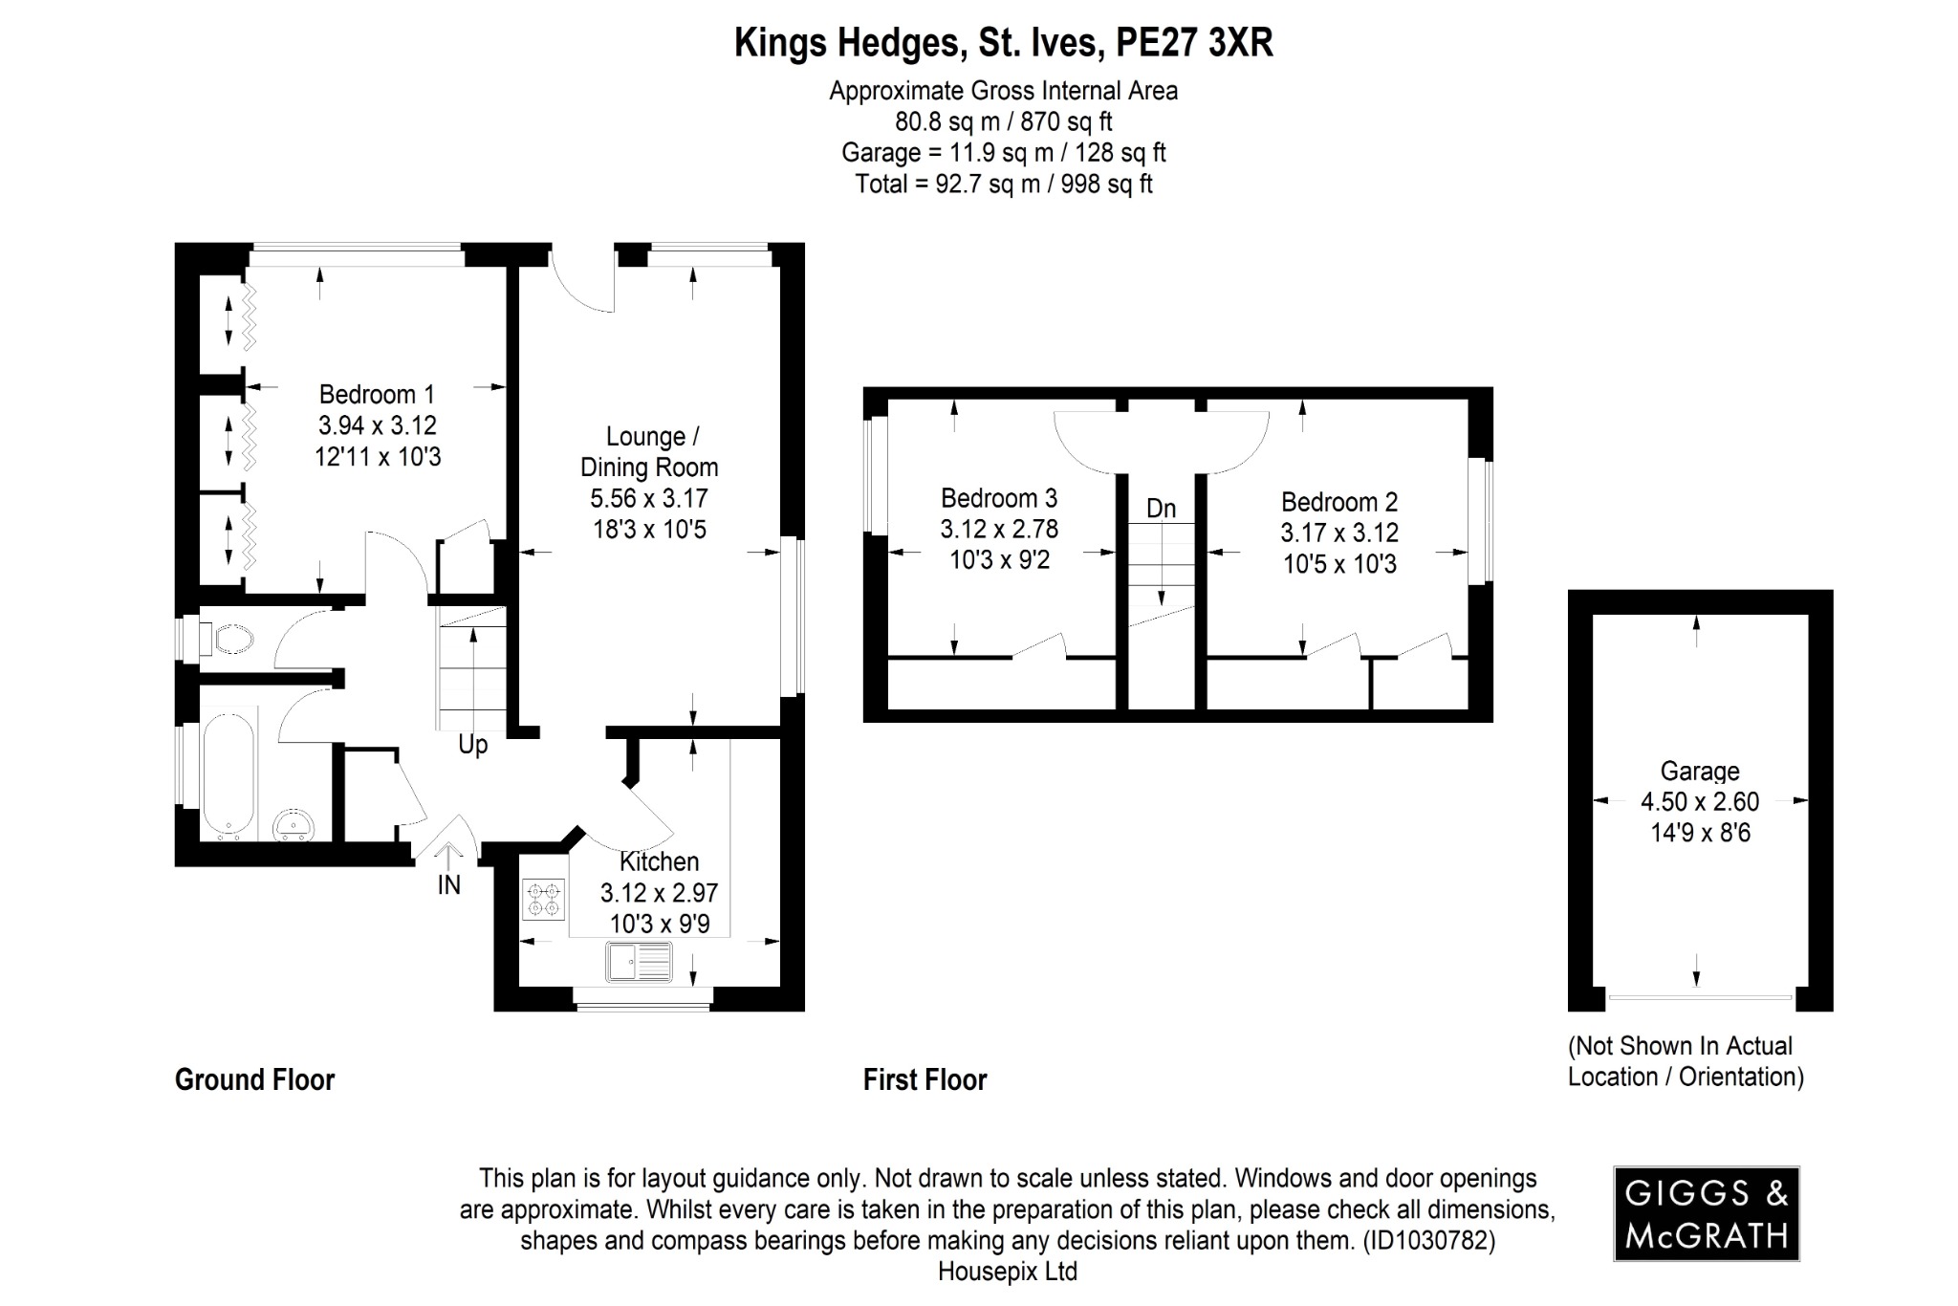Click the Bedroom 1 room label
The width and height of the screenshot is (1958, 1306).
[377, 394]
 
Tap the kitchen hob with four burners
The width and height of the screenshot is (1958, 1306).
[544, 899]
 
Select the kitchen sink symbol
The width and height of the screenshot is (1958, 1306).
[640, 962]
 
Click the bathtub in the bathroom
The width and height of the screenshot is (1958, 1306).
[228, 773]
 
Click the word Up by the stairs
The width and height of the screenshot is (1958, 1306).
[472, 745]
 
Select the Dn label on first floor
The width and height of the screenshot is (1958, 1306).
[1161, 509]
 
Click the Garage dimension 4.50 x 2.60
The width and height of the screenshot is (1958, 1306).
[1700, 801]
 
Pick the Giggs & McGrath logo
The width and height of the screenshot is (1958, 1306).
[1707, 1213]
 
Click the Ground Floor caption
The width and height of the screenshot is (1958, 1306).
[254, 1080]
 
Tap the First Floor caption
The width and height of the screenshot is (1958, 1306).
[925, 1080]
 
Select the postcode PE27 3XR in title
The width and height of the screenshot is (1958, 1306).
[1195, 43]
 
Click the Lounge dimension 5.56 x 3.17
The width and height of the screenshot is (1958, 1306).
[649, 498]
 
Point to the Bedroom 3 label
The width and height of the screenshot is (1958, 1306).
[999, 498]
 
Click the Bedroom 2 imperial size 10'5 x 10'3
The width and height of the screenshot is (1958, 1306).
[1339, 564]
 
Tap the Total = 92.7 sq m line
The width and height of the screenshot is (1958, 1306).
[1003, 184]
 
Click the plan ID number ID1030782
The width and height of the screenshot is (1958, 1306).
[1428, 1241]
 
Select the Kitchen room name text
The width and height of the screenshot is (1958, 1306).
[659, 861]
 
